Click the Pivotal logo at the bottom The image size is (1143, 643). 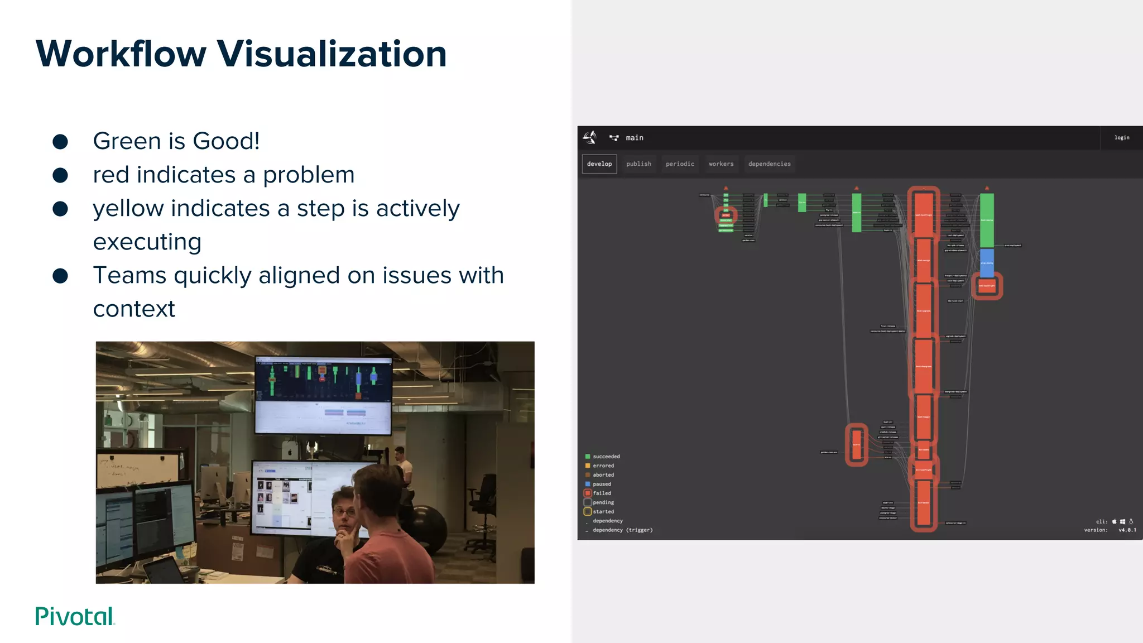(75, 616)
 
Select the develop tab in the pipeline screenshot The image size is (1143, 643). (599, 164)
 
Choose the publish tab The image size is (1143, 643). (638, 164)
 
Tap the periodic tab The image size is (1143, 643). (680, 164)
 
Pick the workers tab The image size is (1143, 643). (721, 164)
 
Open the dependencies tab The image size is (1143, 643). (769, 164)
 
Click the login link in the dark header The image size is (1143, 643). (1121, 137)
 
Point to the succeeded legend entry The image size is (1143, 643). (606, 457)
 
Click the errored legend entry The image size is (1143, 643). (603, 466)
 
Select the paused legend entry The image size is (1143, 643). (601, 484)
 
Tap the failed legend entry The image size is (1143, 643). (601, 493)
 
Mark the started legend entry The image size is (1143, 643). (603, 512)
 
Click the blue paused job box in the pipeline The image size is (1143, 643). (987, 263)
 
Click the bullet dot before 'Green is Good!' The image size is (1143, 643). (60, 142)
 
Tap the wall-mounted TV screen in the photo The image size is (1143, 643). (323, 395)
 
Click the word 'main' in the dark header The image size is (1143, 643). (634, 138)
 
